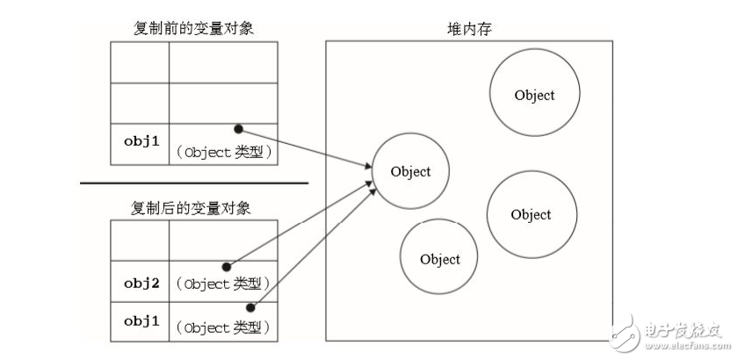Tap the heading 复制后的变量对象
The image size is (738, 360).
194,208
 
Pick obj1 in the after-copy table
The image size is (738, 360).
140,321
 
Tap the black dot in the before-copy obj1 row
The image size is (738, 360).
238,128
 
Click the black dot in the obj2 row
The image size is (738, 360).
227,266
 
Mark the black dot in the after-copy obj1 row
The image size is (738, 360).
252,306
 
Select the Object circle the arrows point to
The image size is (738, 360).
411,172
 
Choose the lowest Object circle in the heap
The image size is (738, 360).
439,259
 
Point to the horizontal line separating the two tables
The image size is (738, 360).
194,183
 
